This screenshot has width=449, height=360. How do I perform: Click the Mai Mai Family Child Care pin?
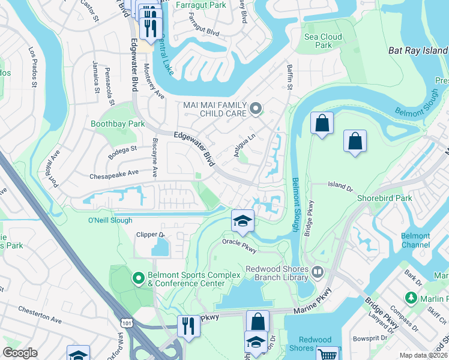[x=256, y=109]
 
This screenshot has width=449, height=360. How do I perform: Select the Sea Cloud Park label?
[x=323, y=41]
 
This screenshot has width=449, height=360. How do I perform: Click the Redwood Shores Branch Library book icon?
[x=318, y=272]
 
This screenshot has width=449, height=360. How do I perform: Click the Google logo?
[x=20, y=353]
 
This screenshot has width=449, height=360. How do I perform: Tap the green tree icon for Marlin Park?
[x=411, y=298]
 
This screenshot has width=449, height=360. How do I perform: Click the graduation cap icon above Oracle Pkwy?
[x=243, y=221]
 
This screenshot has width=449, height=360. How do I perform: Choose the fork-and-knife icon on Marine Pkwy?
[x=189, y=326]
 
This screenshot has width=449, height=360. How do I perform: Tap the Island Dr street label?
[x=340, y=188]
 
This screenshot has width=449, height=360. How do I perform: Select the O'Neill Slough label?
[x=110, y=220]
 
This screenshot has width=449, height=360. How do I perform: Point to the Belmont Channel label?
[x=415, y=241]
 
